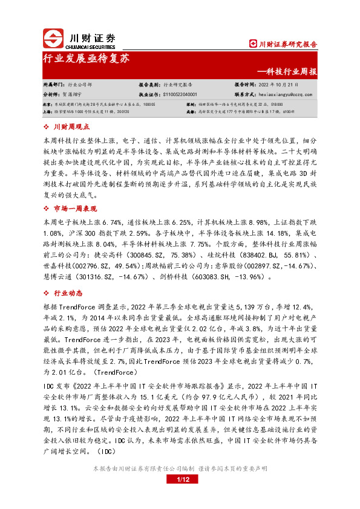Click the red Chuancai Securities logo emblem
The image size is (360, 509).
[54, 39]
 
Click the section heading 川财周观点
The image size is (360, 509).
[71, 127]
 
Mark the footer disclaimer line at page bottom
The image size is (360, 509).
[180, 468]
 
